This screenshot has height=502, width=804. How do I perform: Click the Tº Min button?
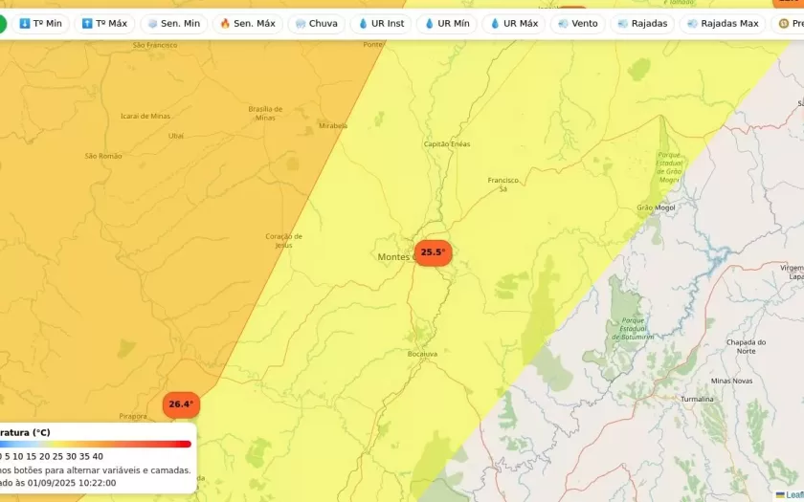click(41, 23)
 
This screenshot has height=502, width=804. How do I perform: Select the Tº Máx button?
click(104, 23)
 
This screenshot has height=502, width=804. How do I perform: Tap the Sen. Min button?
click(173, 23)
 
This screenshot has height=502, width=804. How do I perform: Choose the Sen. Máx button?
click(247, 23)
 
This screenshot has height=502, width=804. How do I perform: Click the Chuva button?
click(316, 23)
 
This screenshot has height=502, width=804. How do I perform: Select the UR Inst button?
click(381, 23)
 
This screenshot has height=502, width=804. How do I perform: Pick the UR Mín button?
click(447, 23)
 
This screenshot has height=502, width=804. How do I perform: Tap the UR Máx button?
click(514, 23)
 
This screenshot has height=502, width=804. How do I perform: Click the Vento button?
click(577, 23)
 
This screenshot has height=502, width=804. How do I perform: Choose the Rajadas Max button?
click(723, 23)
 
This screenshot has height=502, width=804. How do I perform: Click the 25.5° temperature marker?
click(433, 252)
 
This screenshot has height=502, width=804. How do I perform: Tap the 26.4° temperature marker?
click(181, 404)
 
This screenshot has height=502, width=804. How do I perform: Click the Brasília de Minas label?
click(265, 113)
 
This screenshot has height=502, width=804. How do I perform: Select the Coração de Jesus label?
click(283, 240)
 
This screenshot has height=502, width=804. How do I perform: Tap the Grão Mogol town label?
click(657, 207)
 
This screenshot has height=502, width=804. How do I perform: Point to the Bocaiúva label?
click(422, 354)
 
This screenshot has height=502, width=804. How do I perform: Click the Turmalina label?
click(697, 399)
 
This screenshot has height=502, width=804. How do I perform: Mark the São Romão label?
click(103, 156)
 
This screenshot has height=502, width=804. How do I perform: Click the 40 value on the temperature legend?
click(98, 456)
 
